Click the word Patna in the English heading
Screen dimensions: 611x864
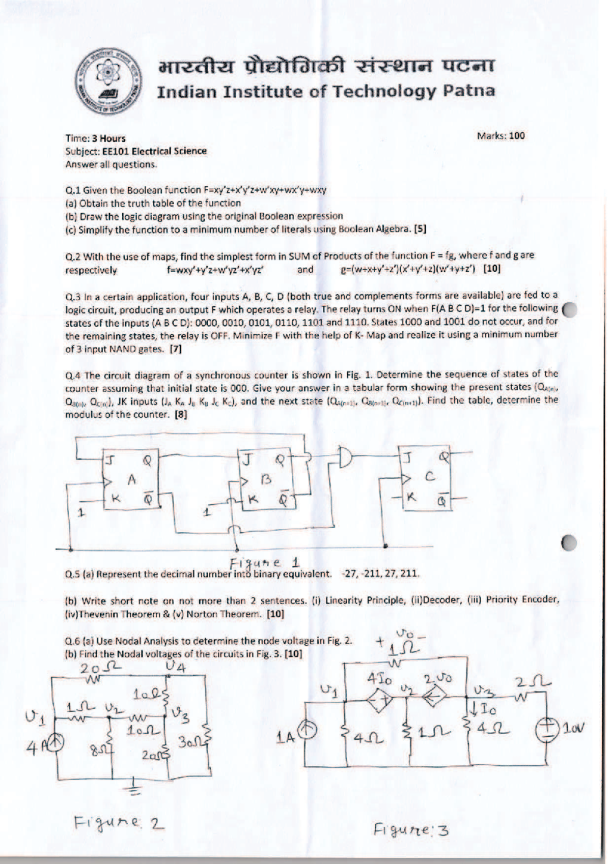click(469, 92)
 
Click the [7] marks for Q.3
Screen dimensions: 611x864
click(176, 350)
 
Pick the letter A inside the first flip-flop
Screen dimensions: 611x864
click(132, 478)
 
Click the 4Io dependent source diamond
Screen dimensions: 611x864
click(379, 700)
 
